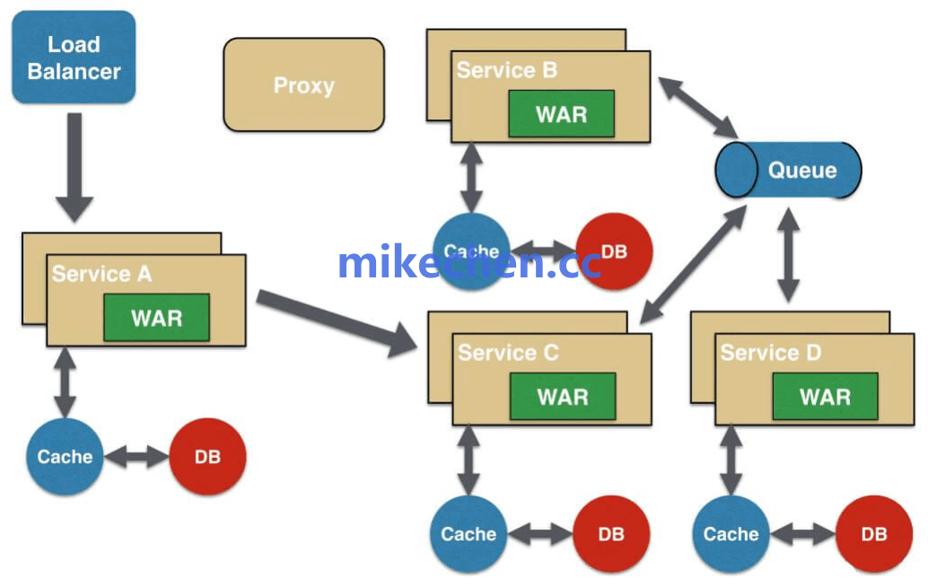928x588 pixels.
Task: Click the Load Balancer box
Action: point(74,57)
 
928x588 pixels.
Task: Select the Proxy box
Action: point(303,85)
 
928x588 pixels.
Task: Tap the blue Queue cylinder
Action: point(788,170)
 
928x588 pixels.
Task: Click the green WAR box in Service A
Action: point(156,318)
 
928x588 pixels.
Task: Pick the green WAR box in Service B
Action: point(561,114)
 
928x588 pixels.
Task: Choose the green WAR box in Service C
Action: point(563,397)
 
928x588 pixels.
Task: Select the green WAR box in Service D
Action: point(825,397)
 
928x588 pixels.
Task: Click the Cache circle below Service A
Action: point(65,457)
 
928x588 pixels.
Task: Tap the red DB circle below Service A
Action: point(207,457)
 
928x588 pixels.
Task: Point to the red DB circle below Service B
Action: point(614,250)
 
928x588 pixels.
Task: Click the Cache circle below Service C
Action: point(468,534)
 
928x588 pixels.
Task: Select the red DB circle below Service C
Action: point(611,534)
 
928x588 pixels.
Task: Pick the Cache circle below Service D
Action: point(731,534)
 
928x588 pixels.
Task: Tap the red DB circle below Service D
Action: point(873,534)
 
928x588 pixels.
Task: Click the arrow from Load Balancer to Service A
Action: point(74,166)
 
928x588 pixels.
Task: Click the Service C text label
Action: point(508,353)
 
